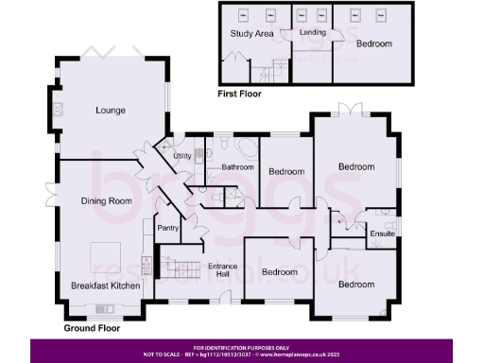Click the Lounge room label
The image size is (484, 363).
pyautogui.click(x=110, y=110)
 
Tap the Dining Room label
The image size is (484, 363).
pyautogui.click(x=106, y=201)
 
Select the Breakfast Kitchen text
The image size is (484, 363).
pyautogui.click(x=106, y=285)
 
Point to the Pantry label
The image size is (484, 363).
pyautogui.click(x=168, y=228)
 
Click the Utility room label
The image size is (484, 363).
pyautogui.click(x=182, y=155)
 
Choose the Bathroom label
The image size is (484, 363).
pyautogui.click(x=237, y=167)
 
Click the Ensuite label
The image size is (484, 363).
pyautogui.click(x=382, y=233)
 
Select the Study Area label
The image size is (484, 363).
pyautogui.click(x=251, y=34)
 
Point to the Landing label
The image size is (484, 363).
pyautogui.click(x=313, y=32)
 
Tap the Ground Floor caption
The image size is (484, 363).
pyautogui.click(x=95, y=329)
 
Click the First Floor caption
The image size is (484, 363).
pyautogui.click(x=240, y=95)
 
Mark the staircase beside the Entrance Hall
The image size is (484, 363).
pyautogui.click(x=180, y=265)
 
